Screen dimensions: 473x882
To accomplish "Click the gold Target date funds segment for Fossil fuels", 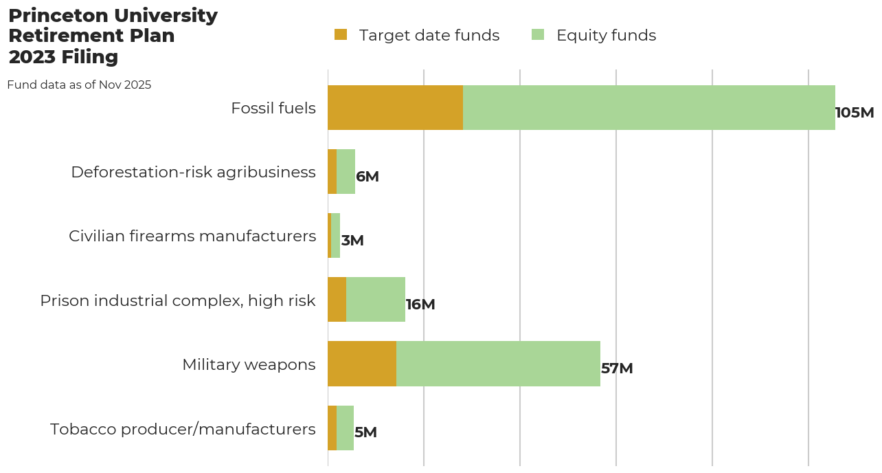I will pyautogui.click(x=395, y=108).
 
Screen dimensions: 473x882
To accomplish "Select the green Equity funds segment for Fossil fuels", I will pyautogui.click(x=648, y=108).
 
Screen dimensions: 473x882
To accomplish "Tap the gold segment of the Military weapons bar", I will pyautogui.click(x=362, y=364).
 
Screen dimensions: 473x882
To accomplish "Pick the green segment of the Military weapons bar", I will pyautogui.click(x=498, y=364).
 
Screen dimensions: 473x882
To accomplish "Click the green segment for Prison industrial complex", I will pyautogui.click(x=375, y=300).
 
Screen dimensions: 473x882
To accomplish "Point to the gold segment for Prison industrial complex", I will pyautogui.click(x=337, y=300).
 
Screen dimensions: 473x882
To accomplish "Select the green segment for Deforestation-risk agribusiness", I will pyautogui.click(x=346, y=172).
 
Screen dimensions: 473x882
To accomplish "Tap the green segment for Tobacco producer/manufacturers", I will pyautogui.click(x=345, y=428).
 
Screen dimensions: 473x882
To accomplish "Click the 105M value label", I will pyautogui.click(x=854, y=113).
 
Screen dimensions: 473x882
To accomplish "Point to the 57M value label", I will pyautogui.click(x=617, y=368).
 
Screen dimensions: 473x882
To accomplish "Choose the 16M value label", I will pyautogui.click(x=420, y=305).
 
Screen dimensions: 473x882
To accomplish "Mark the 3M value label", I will pyautogui.click(x=352, y=241).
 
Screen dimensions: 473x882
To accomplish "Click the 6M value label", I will pyautogui.click(x=367, y=177).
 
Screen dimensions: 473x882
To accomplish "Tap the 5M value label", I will pyautogui.click(x=365, y=432).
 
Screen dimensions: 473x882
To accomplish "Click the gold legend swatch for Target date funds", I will pyautogui.click(x=341, y=34).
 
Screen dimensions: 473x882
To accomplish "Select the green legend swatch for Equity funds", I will pyautogui.click(x=538, y=34).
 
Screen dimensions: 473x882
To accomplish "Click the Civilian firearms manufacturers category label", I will pyautogui.click(x=192, y=236).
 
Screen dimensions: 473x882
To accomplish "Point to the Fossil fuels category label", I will pyautogui.click(x=273, y=108).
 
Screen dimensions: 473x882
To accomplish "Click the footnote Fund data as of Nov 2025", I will pyautogui.click(x=79, y=85).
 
